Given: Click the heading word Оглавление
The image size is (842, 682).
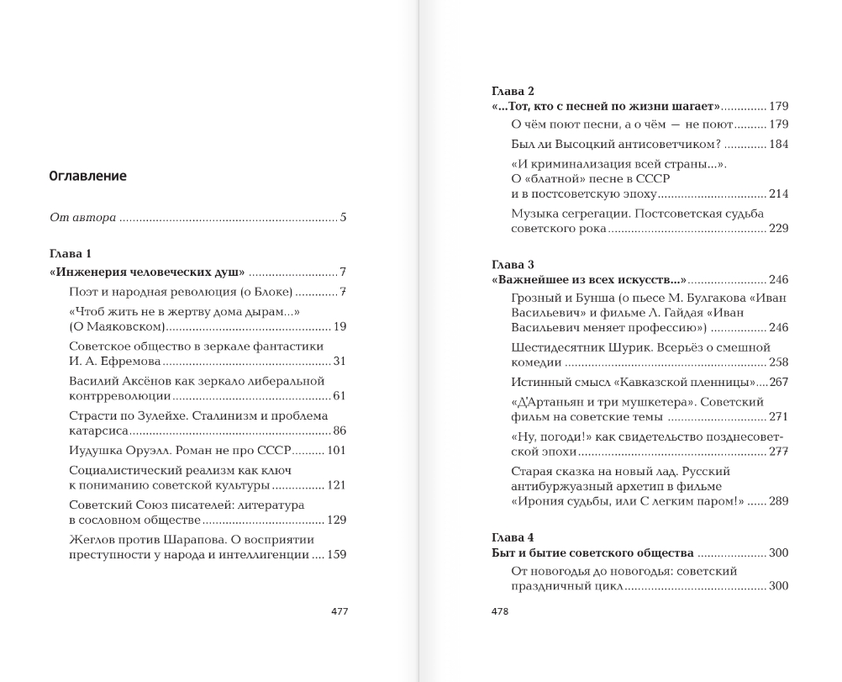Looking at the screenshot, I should coord(88,176).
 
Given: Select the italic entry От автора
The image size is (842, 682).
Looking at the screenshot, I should coord(82,217).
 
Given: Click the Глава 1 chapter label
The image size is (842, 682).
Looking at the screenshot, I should coord(71,253).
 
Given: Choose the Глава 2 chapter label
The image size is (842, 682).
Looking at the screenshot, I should coord(513,90).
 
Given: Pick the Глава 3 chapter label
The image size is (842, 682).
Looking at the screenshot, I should coord(513,263).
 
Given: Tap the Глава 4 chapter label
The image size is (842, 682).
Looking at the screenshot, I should coord(513,537).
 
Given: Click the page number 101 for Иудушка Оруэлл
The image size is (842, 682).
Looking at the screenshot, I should coord(336,450).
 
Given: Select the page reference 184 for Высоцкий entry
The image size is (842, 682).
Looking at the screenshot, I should coord(778,144).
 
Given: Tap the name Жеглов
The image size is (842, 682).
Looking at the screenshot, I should coord(92,539).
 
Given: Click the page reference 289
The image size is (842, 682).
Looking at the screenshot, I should coord(778,501).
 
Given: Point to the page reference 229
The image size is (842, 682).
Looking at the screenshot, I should coord(778,229).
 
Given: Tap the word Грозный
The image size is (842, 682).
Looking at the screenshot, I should coord(538,298).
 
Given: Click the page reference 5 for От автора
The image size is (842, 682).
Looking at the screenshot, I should coord(343,217).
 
